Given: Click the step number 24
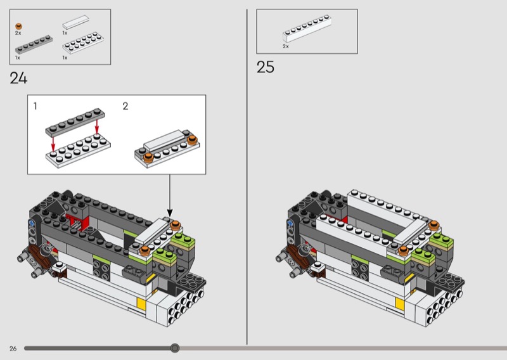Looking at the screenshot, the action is (18, 79).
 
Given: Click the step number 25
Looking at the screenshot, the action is (265, 67).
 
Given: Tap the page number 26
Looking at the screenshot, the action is (13, 349).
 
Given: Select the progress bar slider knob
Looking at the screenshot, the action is (175, 348).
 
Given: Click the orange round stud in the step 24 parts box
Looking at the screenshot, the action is (19, 27).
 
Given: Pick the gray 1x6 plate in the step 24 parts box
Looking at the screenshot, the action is (34, 44).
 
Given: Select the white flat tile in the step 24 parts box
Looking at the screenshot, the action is (76, 22).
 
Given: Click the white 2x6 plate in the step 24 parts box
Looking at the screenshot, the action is (83, 42).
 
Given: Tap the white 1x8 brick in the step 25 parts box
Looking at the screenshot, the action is (307, 29).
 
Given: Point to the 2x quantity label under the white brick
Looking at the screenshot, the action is (286, 46).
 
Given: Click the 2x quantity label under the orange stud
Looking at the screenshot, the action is (18, 33).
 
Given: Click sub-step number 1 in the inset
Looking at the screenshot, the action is (35, 106).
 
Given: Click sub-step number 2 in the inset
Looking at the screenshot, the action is (125, 106).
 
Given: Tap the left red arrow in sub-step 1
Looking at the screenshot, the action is (53, 144).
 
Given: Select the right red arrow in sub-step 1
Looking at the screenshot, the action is (97, 127).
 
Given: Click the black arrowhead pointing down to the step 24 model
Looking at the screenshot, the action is (170, 213).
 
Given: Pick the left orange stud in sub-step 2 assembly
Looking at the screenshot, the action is (148, 158).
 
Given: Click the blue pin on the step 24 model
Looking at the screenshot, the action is (32, 223).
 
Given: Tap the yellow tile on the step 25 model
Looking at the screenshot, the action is (400, 304).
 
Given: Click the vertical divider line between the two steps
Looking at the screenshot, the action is (247, 177).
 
